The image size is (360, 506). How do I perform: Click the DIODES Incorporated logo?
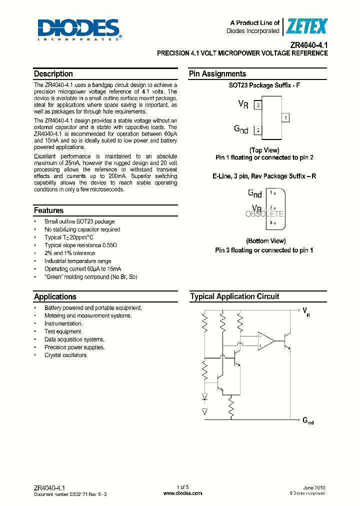78,29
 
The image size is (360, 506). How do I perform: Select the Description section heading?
53,74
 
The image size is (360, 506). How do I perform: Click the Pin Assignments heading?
217,74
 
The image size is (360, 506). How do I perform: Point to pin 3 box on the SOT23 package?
257,105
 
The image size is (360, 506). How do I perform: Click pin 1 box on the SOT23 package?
285,117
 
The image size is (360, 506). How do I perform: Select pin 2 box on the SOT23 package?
257,130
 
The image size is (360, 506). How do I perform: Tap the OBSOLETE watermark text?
264,214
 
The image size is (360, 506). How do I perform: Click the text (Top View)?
264,150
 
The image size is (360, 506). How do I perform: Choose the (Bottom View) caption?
265,241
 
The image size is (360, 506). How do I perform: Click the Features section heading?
49,210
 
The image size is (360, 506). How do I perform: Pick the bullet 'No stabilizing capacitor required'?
82,229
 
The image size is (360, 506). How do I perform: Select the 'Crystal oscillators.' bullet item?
65,355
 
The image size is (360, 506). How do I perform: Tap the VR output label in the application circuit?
306,312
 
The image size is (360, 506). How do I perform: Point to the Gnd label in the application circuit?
308,421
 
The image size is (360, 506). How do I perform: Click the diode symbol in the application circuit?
204,397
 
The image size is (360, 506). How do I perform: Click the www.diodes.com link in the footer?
183,493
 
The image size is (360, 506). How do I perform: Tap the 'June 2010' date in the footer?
314,487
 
